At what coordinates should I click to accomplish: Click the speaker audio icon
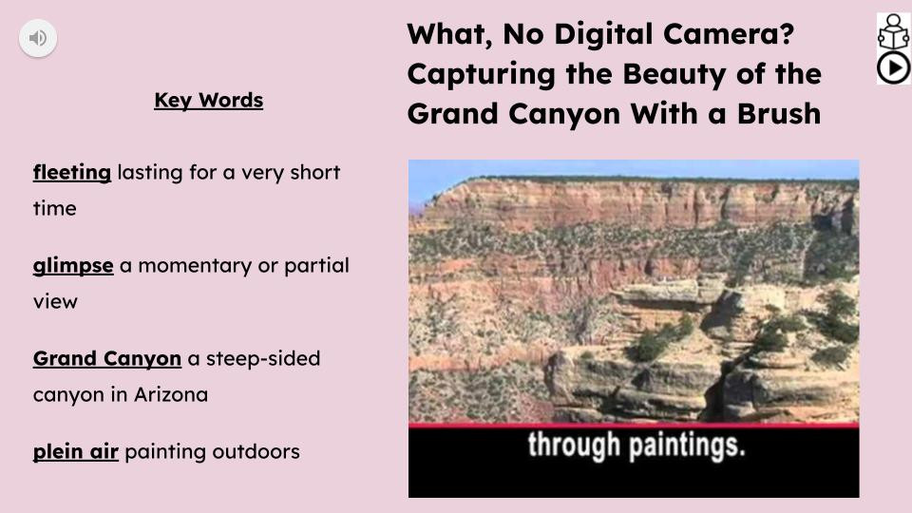(x=38, y=38)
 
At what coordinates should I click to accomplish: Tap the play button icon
(x=893, y=67)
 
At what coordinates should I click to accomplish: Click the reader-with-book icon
(x=893, y=31)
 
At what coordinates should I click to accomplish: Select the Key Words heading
(x=208, y=101)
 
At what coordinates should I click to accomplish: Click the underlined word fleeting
(x=72, y=173)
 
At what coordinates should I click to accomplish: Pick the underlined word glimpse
(x=73, y=266)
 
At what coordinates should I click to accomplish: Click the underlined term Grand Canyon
(x=106, y=359)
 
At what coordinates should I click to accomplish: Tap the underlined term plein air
(x=76, y=452)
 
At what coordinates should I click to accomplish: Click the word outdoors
(x=256, y=452)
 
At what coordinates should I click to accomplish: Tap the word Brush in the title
(x=776, y=114)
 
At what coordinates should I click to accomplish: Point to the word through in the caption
(x=572, y=445)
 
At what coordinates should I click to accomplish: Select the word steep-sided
(x=266, y=359)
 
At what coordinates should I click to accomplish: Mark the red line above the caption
(x=634, y=425)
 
